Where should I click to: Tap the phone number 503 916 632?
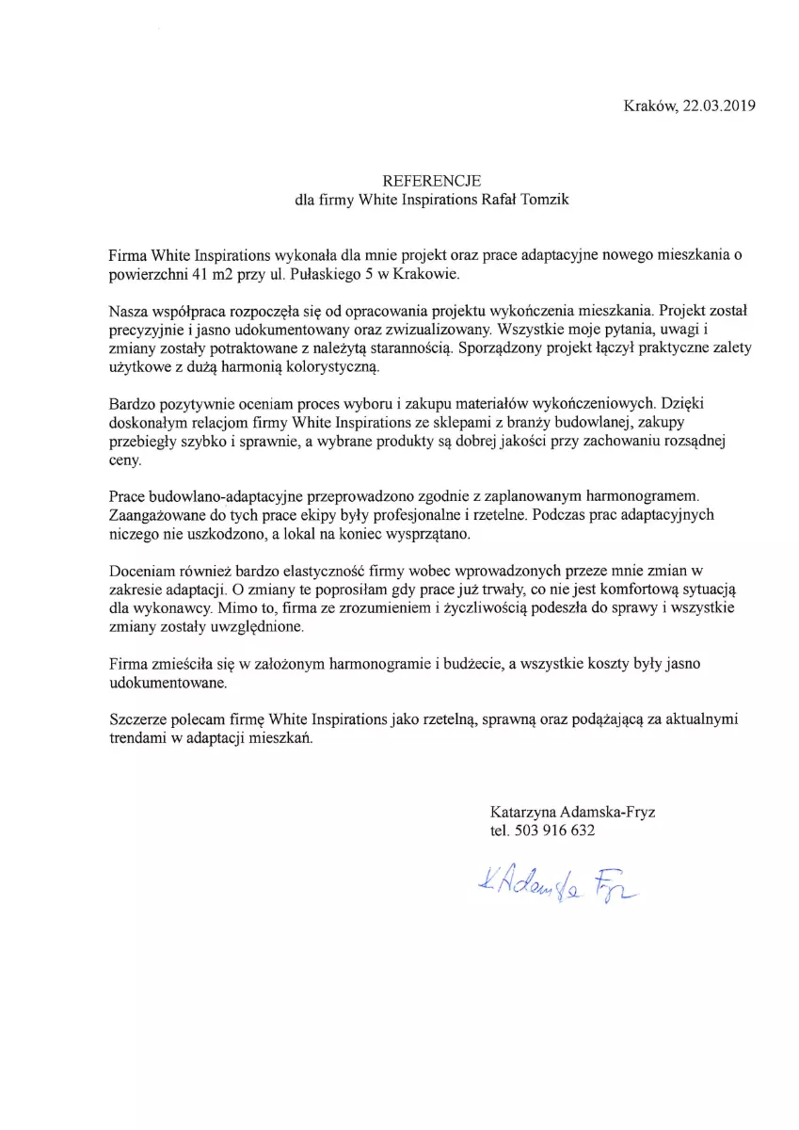click(x=555, y=831)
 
